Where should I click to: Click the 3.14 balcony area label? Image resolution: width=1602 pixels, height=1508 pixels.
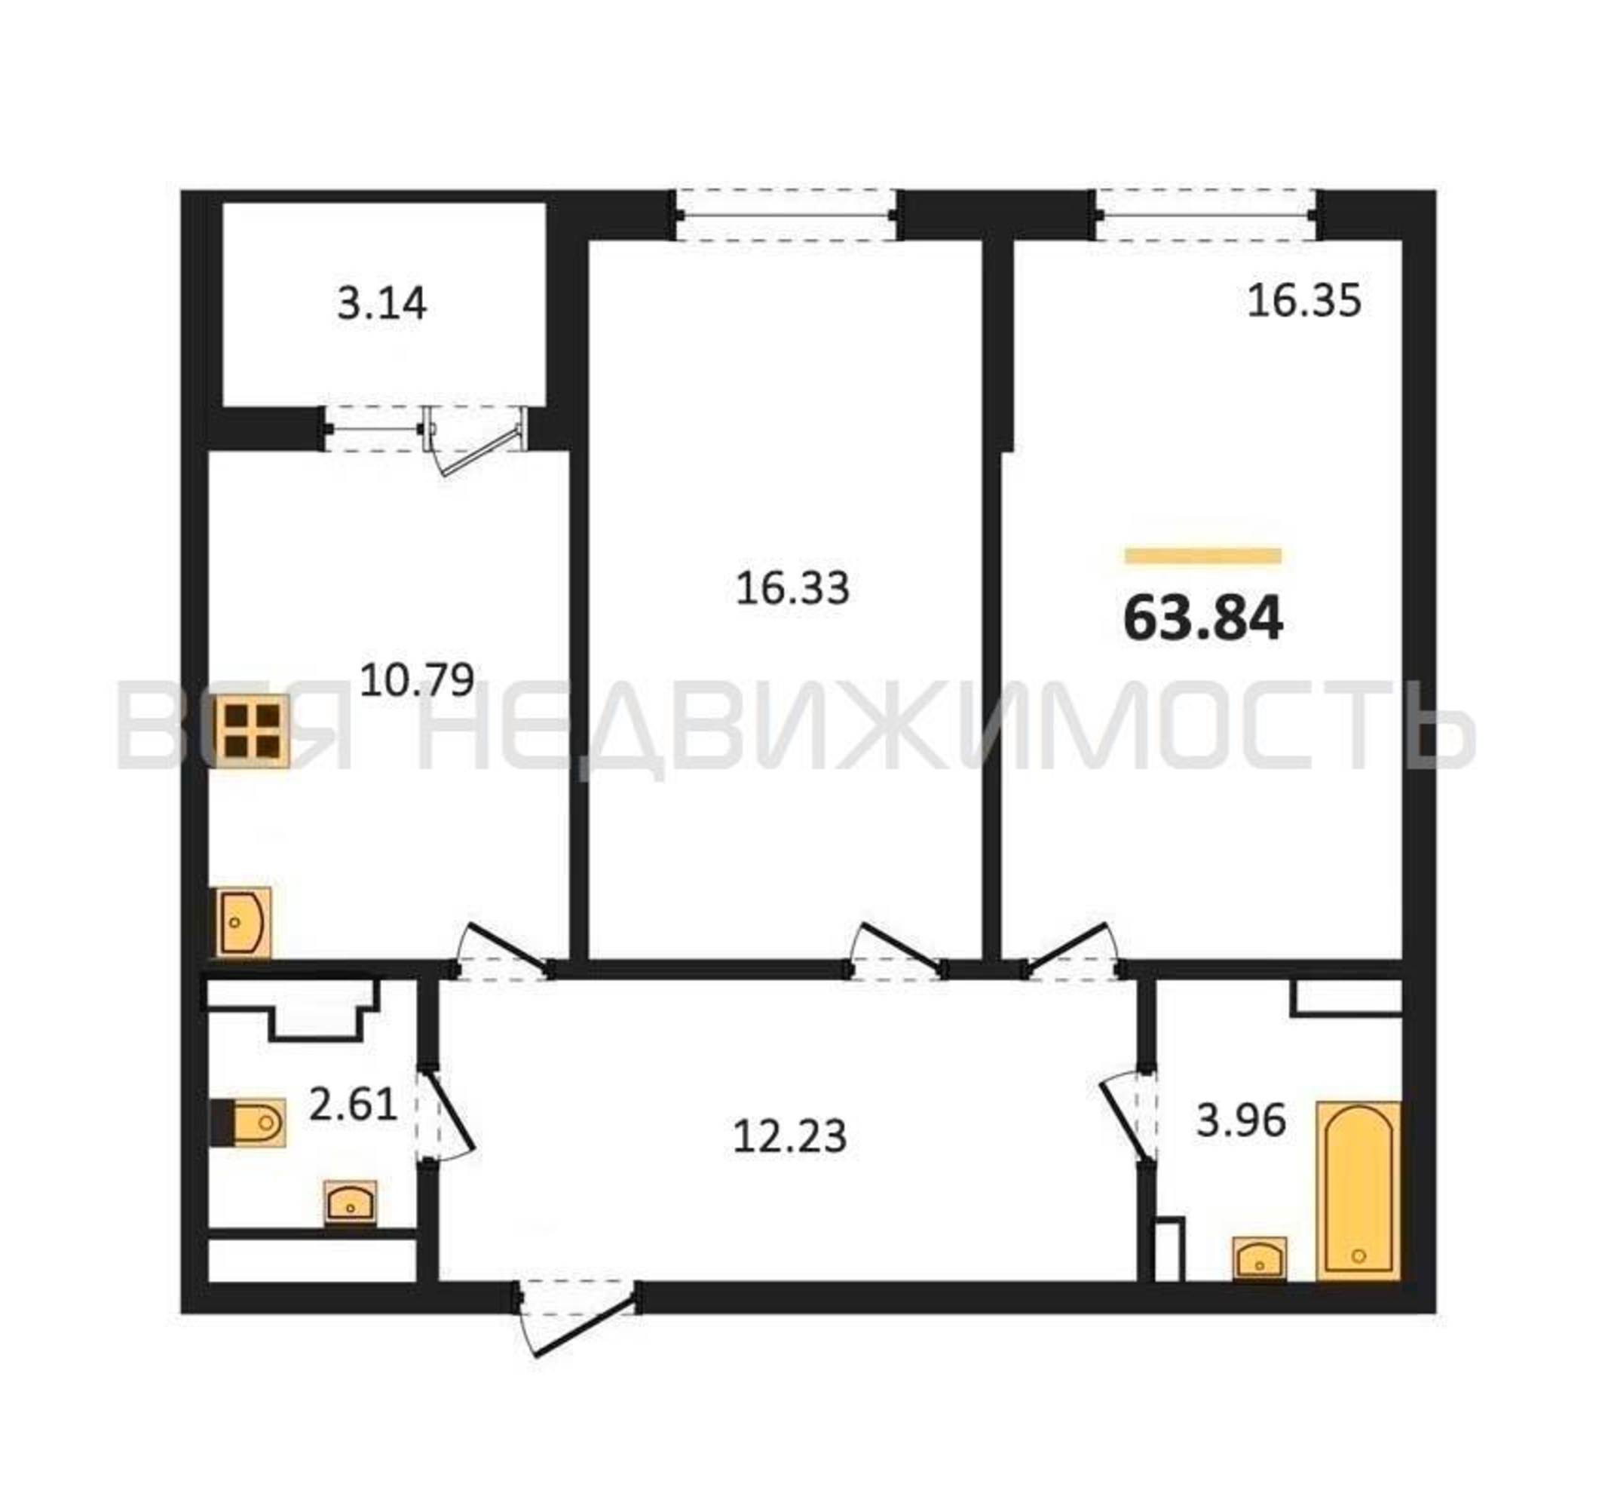381,305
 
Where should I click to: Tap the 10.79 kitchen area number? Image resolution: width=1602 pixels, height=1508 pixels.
416,679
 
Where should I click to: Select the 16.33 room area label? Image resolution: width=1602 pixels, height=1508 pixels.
792,588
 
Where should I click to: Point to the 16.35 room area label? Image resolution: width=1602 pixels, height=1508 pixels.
1304,301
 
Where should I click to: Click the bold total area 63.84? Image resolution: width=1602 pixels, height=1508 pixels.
1202,619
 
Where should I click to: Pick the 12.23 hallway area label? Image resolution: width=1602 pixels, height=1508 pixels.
790,1136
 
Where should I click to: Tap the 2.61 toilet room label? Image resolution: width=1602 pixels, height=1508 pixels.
353,1103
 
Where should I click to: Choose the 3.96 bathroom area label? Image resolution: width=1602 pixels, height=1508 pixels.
1240,1120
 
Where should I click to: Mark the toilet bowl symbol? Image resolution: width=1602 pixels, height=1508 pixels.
248,1121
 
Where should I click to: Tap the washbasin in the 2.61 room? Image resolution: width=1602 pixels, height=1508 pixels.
351,1203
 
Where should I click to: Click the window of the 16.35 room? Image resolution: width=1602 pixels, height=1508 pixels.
1205,215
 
